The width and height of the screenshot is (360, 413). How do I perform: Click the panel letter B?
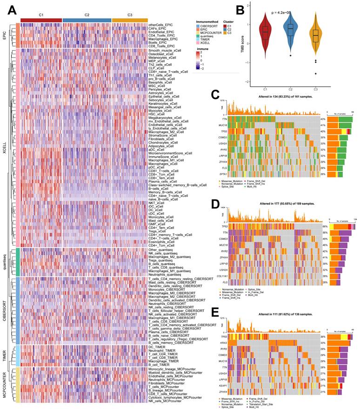click(240, 9)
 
